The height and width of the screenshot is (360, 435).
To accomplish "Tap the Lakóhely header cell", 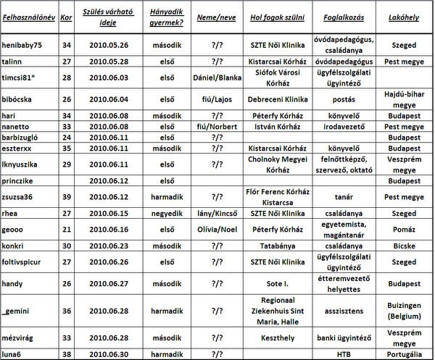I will (x=404, y=14).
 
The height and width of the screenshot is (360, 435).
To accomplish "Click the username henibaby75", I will (x=23, y=45).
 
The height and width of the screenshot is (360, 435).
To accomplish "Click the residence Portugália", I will (x=404, y=353).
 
